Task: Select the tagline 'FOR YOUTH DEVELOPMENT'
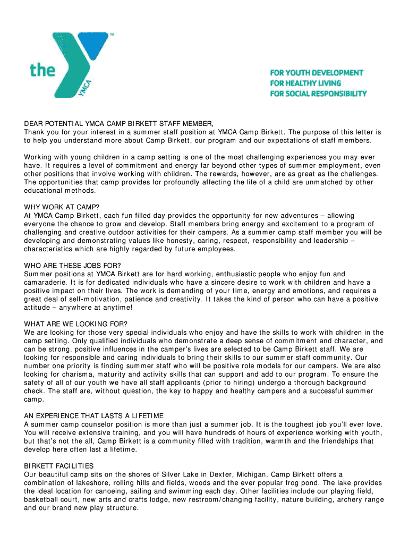[x=317, y=72]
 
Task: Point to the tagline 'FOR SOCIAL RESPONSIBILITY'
[x=318, y=93]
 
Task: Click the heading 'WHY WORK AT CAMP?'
[x=62, y=207]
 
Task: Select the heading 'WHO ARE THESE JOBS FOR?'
[x=73, y=265]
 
